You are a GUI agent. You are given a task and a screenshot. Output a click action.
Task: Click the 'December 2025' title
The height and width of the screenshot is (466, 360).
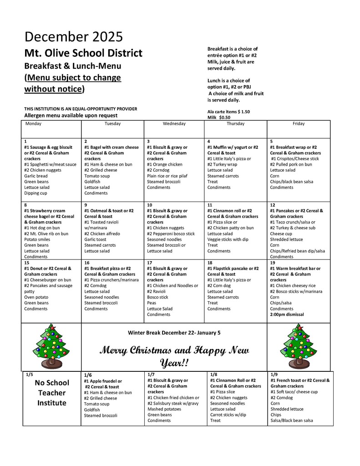pyautogui.click(x=73, y=36)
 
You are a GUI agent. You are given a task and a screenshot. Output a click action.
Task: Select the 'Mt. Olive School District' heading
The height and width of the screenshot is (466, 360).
pyautogui.click(x=83, y=53)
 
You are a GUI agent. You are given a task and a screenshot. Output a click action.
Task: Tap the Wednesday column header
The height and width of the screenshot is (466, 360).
pyautogui.click(x=174, y=124)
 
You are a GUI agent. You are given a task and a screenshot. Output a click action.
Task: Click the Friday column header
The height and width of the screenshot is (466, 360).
pyautogui.click(x=299, y=124)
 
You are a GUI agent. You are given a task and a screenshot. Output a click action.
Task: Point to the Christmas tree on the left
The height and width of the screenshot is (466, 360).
pyautogui.click(x=51, y=346)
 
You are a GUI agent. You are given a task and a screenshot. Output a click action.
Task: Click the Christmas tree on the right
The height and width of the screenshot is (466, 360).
pyautogui.click(x=299, y=346)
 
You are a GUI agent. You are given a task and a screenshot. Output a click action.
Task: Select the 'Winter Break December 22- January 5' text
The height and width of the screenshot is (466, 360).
pyautogui.click(x=174, y=333)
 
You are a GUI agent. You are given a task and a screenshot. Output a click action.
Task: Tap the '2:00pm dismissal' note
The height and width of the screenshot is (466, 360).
pyautogui.click(x=287, y=314)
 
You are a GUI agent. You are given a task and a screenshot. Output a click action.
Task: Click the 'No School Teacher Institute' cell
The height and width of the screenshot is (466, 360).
pyautogui.click(x=51, y=393)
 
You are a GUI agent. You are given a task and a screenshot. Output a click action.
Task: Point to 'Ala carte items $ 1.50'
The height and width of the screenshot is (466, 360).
pyautogui.click(x=228, y=111)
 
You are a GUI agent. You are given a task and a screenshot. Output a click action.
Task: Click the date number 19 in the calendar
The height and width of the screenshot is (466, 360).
pyautogui.click(x=272, y=263)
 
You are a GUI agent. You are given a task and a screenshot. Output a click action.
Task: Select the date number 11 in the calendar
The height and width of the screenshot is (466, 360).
pyautogui.click(x=209, y=205)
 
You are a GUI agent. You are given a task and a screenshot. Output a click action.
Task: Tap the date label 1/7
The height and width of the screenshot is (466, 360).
pyautogui.click(x=152, y=374)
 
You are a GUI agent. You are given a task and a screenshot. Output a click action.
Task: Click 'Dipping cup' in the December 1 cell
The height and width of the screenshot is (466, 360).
pyautogui.click(x=35, y=193)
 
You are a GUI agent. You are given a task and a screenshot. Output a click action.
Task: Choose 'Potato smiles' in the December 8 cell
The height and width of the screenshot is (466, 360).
pyautogui.click(x=38, y=239)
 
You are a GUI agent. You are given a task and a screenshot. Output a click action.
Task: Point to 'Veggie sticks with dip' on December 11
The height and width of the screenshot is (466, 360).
pyautogui.click(x=228, y=239)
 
